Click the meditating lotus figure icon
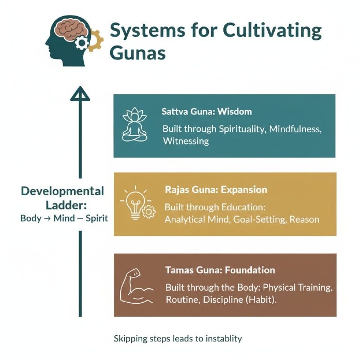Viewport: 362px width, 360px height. (x=134, y=125)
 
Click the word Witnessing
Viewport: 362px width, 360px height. (x=186, y=141)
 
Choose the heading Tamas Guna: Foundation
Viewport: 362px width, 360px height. (x=220, y=270)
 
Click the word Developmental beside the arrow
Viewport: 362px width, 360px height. (x=63, y=192)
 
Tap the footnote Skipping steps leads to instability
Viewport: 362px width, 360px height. (x=178, y=339)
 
